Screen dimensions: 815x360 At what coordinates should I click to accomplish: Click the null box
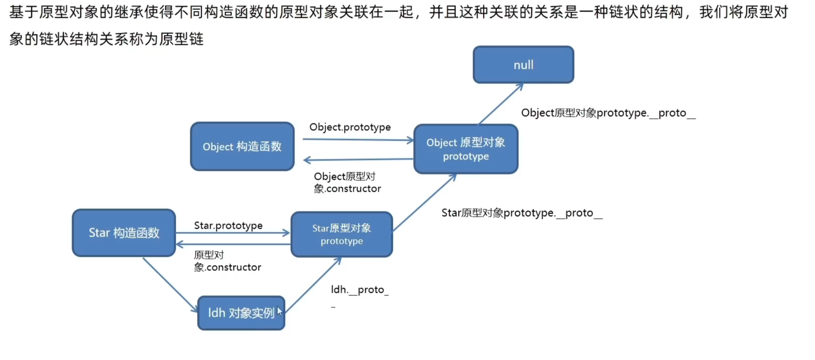coord(523,64)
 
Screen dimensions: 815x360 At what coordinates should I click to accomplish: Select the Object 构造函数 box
coord(242,146)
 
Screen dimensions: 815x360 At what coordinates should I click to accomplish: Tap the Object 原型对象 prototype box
coord(466,149)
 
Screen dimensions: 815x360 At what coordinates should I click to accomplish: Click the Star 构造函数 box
coord(124,233)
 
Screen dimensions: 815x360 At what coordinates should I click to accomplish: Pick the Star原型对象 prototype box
coord(342,235)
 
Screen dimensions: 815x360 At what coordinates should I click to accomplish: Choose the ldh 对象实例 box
coord(241,313)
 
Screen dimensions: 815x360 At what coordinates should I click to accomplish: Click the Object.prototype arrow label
coord(350,127)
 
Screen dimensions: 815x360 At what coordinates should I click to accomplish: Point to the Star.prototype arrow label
coord(228,226)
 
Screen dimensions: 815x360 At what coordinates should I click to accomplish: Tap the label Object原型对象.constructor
coord(347,183)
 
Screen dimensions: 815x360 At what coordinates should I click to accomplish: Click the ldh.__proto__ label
coord(360,295)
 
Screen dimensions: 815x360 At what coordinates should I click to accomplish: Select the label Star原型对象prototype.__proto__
coord(522,213)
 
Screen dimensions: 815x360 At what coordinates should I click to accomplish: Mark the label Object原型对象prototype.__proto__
coord(608,113)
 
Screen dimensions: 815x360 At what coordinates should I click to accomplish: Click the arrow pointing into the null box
coord(501,104)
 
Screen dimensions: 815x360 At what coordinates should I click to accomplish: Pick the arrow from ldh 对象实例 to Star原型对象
coord(313,285)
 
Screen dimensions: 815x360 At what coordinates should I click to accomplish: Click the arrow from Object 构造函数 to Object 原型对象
coord(358,140)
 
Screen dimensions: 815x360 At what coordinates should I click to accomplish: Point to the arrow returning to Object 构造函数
coord(358,159)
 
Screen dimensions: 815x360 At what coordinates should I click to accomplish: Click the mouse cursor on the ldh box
coord(279,311)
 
